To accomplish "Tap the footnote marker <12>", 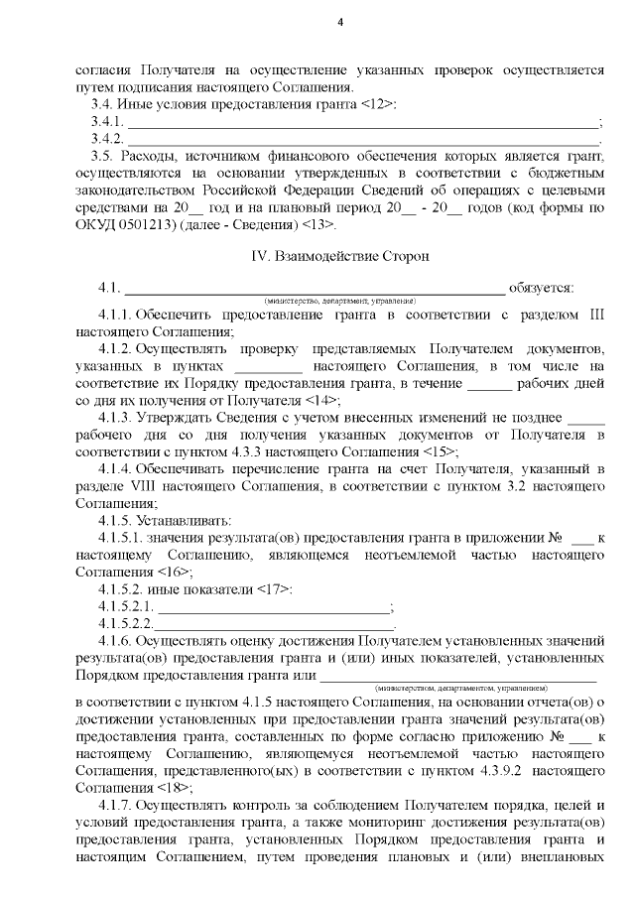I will click(380, 104).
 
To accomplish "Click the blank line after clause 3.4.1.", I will click(362, 123).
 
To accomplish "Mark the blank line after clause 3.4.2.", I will click(362, 139).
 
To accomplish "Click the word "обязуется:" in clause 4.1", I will click(541, 288).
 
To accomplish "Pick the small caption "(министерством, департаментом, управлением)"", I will click(459, 687).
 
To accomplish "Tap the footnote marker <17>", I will click(274, 589).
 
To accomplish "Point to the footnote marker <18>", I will click(175, 787).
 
